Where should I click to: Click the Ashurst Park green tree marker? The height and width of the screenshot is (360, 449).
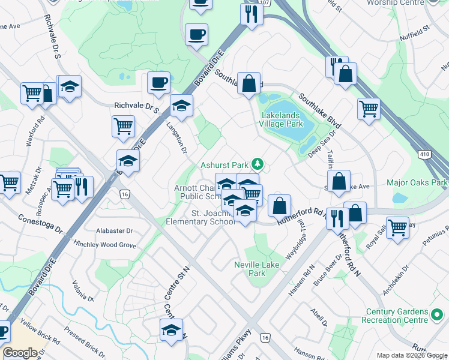point(258,164)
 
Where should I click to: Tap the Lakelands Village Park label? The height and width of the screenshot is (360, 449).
point(281,119)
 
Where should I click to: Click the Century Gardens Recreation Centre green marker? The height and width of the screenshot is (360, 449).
point(438,313)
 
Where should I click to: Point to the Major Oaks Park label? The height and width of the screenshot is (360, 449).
point(418,182)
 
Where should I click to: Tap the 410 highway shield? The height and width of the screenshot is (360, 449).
point(424,155)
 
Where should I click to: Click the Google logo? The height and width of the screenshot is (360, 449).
point(20,352)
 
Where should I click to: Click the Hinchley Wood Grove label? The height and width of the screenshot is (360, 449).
point(104,245)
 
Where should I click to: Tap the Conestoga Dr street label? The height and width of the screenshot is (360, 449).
point(40,223)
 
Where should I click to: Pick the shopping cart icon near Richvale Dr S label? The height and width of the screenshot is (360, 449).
point(123,126)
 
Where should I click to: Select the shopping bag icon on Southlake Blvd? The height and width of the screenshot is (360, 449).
point(249,84)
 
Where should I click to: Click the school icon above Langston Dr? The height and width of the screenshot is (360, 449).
point(181,106)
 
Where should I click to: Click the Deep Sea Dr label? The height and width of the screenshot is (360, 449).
point(322,143)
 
